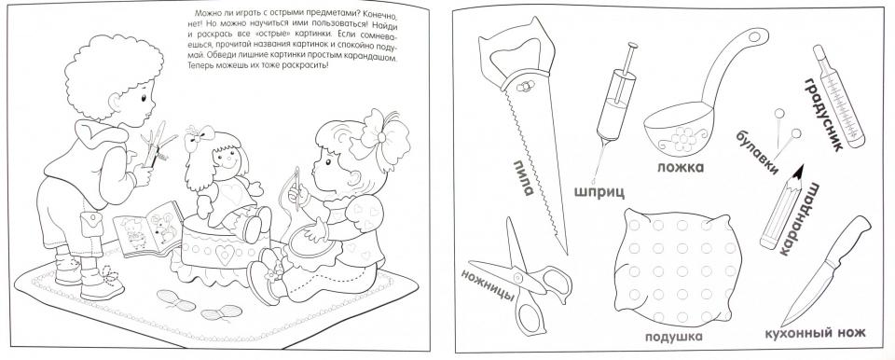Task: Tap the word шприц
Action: [x=599, y=191]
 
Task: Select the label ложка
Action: [x=681, y=167]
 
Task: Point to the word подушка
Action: [x=673, y=336]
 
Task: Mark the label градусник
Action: [x=823, y=115]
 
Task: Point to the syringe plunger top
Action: [x=633, y=46]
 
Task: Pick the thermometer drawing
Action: [x=839, y=96]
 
